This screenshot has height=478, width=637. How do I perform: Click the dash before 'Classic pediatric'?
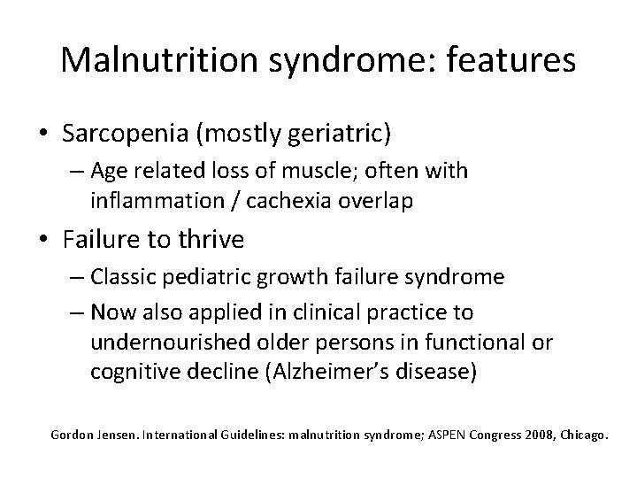(x=77, y=278)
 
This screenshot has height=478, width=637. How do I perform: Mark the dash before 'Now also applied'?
(x=77, y=312)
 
